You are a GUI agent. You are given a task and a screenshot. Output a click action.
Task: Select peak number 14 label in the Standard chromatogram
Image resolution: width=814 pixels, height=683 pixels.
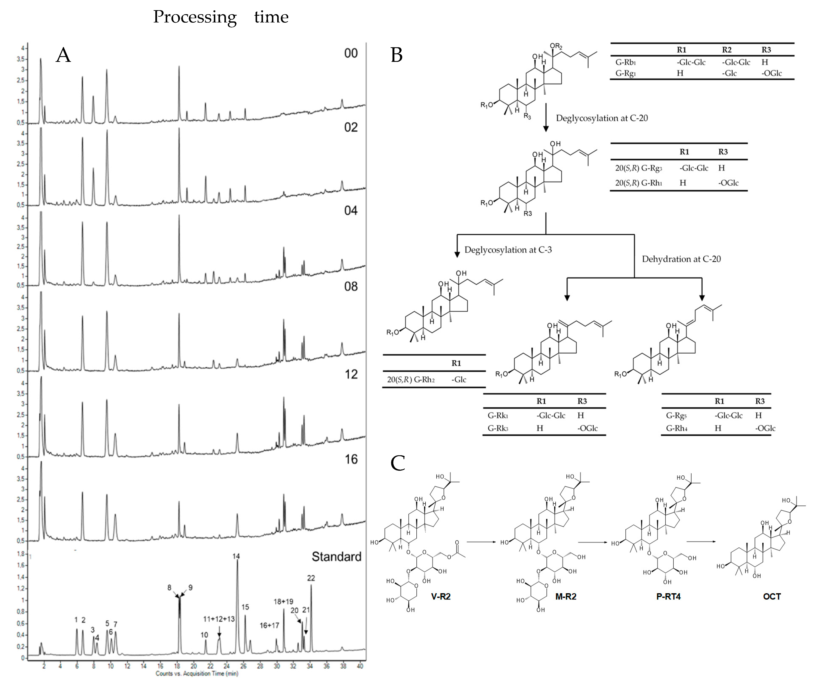(x=236, y=556)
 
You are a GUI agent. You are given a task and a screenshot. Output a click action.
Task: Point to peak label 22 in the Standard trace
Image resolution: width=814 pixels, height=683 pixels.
(x=311, y=578)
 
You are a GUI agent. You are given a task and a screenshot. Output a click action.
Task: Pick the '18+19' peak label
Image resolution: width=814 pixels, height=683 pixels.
(x=283, y=602)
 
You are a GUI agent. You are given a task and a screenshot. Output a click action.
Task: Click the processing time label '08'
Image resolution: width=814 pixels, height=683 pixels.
(x=351, y=287)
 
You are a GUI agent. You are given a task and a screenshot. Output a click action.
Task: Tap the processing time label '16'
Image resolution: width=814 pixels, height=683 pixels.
(x=351, y=459)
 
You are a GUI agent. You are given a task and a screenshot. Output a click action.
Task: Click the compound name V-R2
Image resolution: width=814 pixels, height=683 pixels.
(x=441, y=597)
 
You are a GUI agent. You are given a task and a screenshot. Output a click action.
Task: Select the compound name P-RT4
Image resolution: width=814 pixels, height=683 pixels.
(x=668, y=597)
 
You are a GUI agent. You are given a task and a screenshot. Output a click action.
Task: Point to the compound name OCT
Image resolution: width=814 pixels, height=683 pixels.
(x=772, y=597)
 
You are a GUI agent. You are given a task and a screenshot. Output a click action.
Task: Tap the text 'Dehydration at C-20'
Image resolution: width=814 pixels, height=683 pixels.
(x=681, y=259)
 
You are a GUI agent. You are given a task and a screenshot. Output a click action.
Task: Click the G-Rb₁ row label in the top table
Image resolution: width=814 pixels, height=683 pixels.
(x=626, y=62)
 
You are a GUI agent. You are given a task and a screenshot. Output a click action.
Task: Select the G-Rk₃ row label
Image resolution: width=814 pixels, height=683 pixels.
(x=498, y=428)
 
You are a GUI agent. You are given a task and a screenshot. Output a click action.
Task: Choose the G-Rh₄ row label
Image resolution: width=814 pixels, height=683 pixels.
(x=676, y=428)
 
